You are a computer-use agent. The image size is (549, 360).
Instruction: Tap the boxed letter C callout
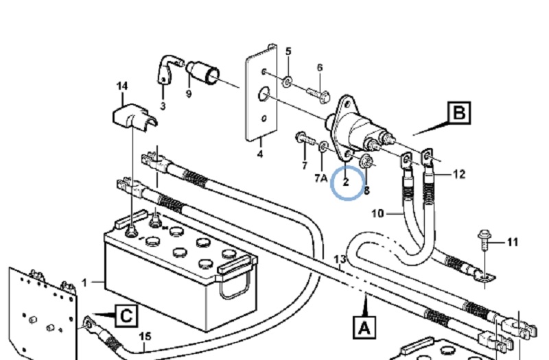point(126,316)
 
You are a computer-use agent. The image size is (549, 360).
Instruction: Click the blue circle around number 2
point(347,182)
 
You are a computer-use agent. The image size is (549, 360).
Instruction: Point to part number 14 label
point(121,86)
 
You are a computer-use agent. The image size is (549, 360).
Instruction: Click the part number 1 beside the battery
point(84,282)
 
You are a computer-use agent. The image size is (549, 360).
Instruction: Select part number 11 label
point(513,242)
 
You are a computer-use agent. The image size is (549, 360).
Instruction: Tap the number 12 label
point(458,174)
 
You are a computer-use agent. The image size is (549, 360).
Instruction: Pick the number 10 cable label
point(377,213)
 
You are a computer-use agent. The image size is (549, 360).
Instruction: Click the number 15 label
point(145,336)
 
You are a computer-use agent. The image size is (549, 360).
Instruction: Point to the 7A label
point(320,178)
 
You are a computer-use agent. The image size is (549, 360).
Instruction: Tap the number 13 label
point(340,259)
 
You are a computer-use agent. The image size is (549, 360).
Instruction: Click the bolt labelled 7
point(303,140)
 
